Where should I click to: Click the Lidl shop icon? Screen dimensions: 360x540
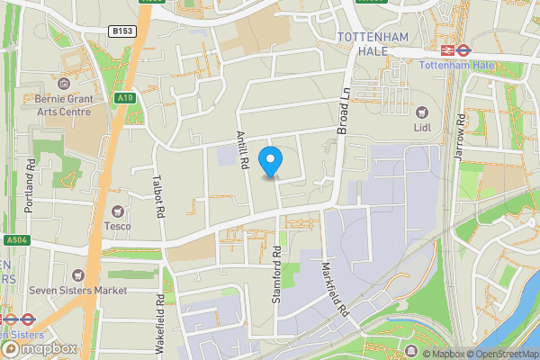click(421, 112)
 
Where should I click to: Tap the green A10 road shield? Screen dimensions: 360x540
click(124, 98)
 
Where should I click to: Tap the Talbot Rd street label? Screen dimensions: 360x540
click(159, 196)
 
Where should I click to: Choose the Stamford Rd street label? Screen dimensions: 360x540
click(277, 274)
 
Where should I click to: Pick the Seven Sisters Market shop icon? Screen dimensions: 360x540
click(77, 274)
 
